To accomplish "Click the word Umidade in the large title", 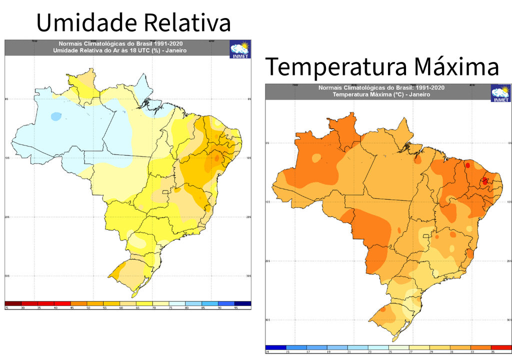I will point(85,23).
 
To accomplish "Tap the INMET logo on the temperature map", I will point(500,93).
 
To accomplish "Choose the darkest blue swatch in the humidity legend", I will point(243,303).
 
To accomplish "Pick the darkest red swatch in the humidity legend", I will point(13,303).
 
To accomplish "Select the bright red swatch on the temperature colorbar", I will point(501,347).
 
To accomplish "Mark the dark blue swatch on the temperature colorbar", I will point(276,347).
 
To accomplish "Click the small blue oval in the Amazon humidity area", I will point(56,116).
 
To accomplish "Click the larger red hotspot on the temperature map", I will point(484,181).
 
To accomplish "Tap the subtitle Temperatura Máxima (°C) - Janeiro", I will point(381,94).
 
